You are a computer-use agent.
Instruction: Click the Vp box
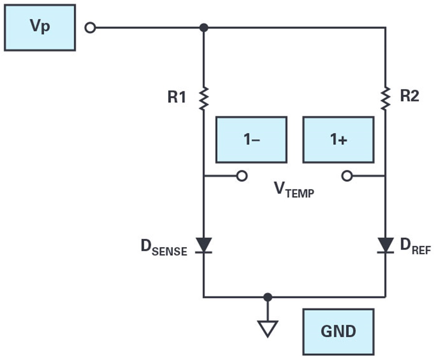click(x=40, y=28)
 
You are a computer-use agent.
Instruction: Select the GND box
click(x=338, y=331)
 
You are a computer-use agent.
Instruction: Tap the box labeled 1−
click(x=251, y=140)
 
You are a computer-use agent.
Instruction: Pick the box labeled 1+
click(x=338, y=140)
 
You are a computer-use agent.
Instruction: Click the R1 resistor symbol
click(x=203, y=97)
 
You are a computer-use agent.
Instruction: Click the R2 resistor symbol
click(x=386, y=97)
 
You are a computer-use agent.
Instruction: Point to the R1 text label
click(x=177, y=97)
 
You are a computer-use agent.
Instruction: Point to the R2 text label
click(x=409, y=96)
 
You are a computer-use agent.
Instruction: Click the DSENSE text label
click(x=164, y=248)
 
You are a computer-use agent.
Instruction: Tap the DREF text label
click(x=415, y=247)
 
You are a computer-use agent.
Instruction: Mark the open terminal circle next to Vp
click(x=90, y=28)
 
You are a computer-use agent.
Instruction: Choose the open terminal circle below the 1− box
click(x=242, y=176)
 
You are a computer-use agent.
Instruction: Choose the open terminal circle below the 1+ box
click(x=347, y=176)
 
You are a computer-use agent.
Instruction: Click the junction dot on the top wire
click(x=204, y=28)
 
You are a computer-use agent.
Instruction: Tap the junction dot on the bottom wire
click(x=267, y=297)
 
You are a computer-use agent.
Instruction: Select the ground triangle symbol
click(x=267, y=328)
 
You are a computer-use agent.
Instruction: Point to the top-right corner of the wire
click(x=386, y=28)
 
